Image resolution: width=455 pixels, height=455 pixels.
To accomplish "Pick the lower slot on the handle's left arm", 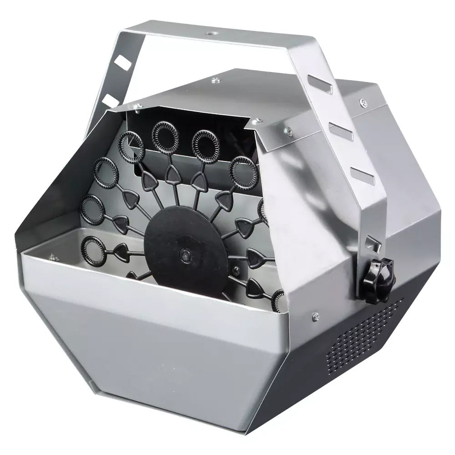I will coord(110,99).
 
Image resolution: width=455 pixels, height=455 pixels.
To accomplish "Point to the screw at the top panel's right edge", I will coord(362,102).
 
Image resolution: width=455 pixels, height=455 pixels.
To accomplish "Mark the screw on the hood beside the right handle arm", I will coord(288,131).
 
